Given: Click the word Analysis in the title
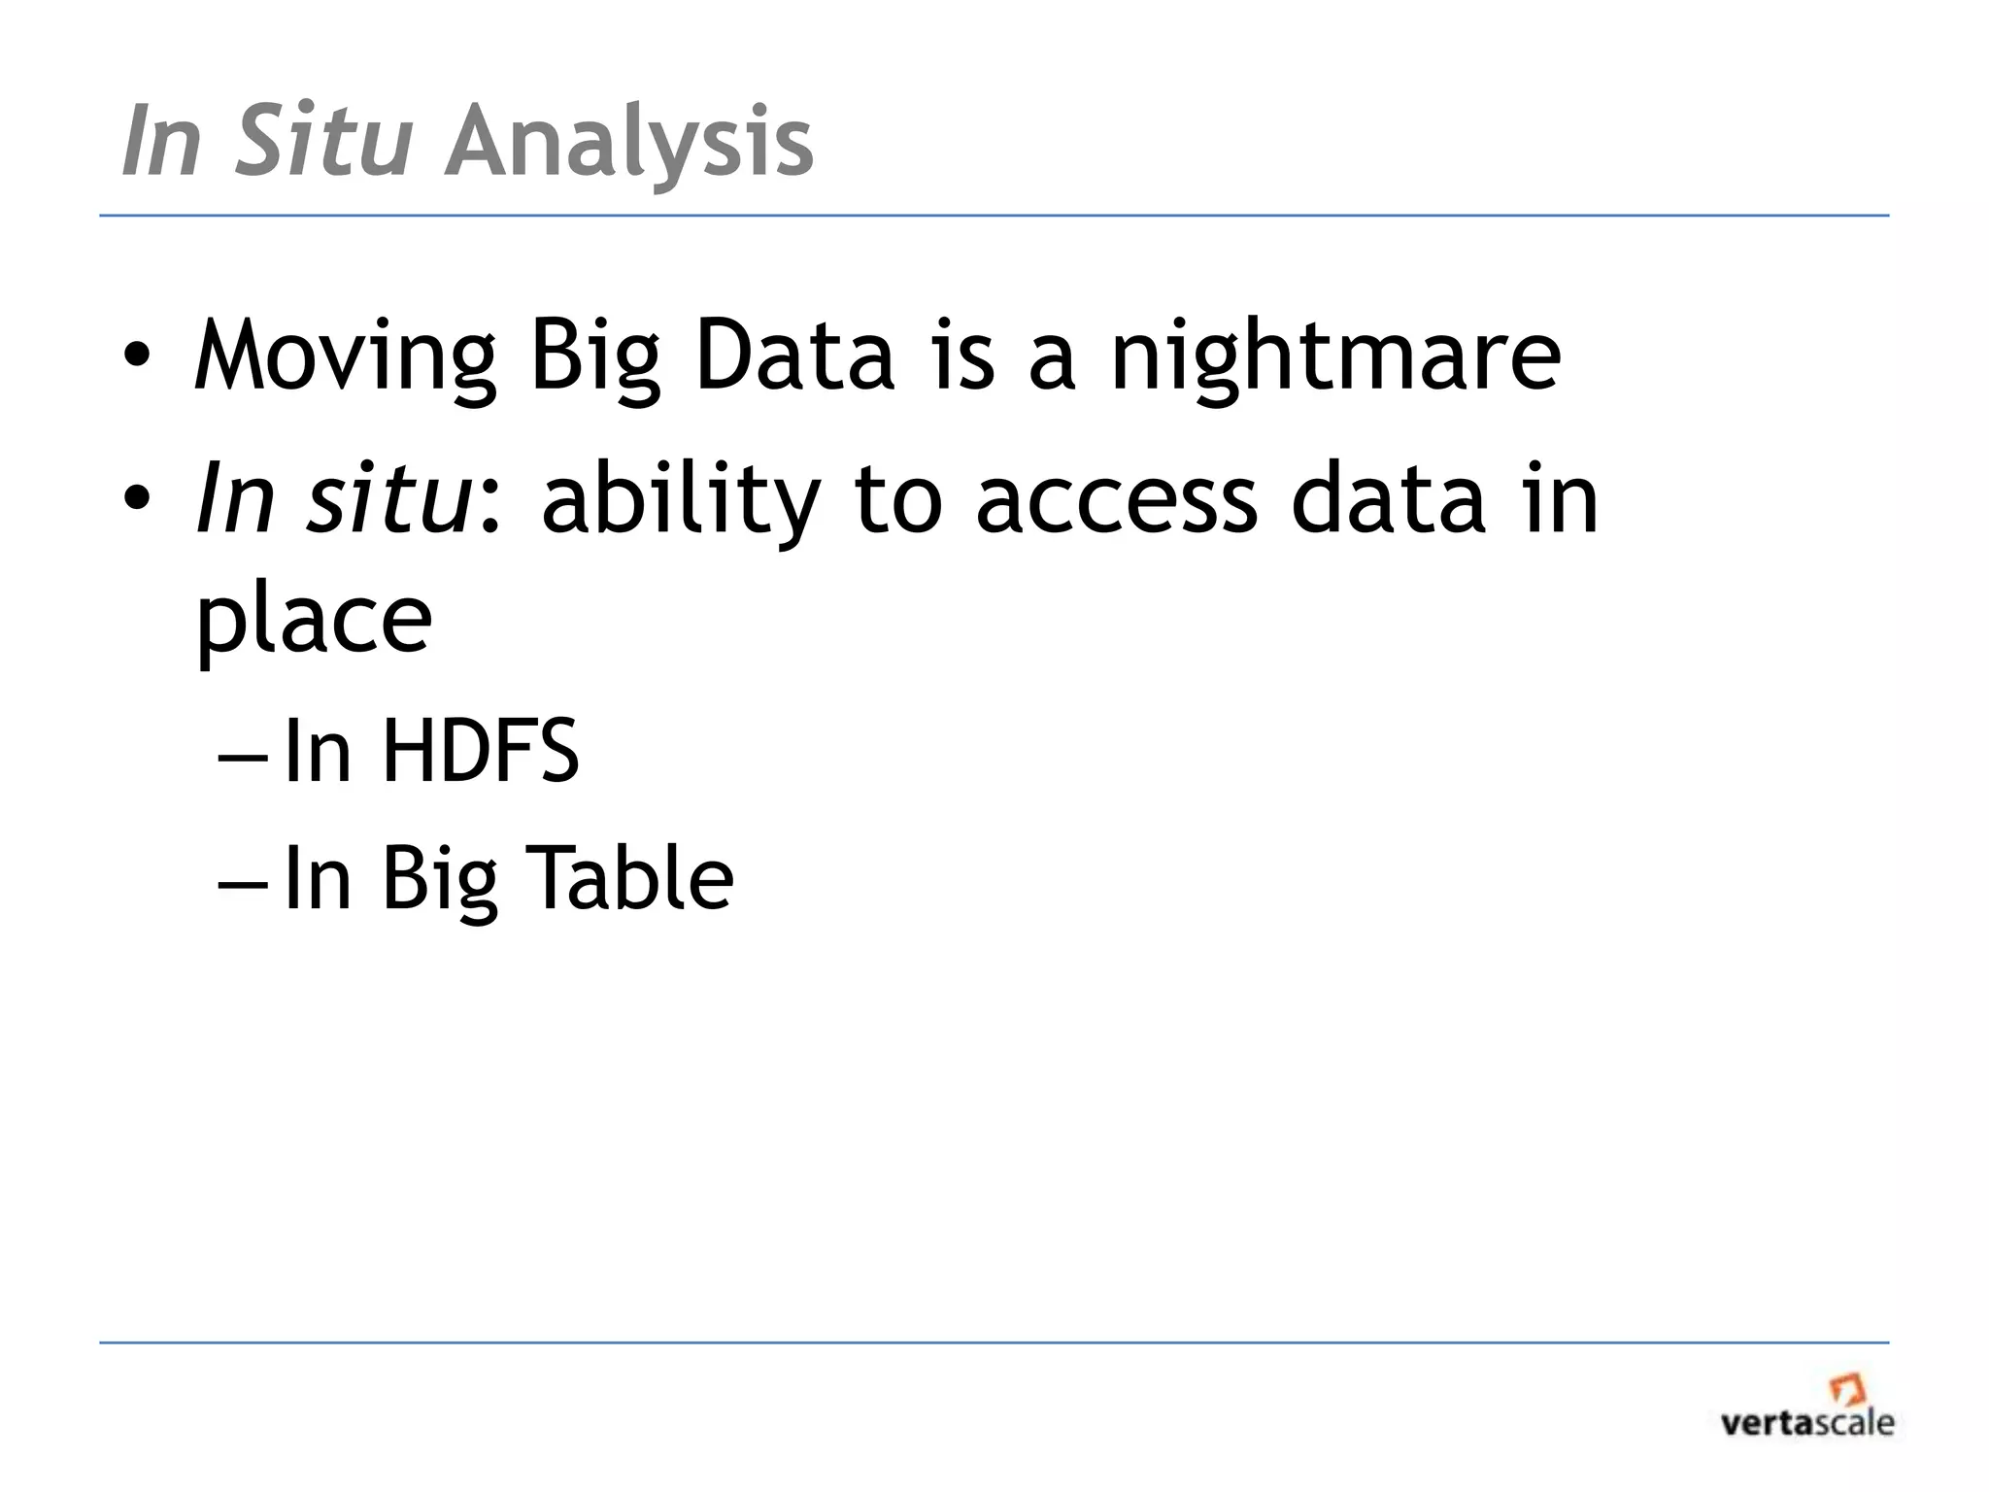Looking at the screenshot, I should pyautogui.click(x=629, y=142).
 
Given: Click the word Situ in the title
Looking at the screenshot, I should pyautogui.click(x=323, y=142).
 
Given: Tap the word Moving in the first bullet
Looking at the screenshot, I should pyautogui.click(x=345, y=357).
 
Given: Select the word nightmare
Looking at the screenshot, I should pyautogui.click(x=1335, y=357).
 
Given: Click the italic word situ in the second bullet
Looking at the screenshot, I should pyautogui.click(x=388, y=499).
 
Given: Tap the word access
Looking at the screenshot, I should pyautogui.click(x=1116, y=501).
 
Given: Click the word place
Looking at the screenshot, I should pyautogui.click(x=314, y=622).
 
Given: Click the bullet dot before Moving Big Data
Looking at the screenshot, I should pyautogui.click(x=136, y=357).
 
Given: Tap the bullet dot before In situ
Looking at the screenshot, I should pyautogui.click(x=136, y=499).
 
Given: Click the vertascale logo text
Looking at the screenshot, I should pyautogui.click(x=1806, y=1424).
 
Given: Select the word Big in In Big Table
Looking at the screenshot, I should pyautogui.click(x=439, y=880).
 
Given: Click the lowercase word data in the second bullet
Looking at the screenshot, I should pyautogui.click(x=1388, y=499).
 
